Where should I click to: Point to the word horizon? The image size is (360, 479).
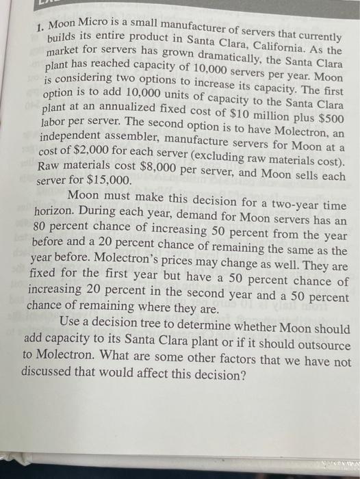(x=57, y=211)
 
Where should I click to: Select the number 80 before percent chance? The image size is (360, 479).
(x=43, y=225)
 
